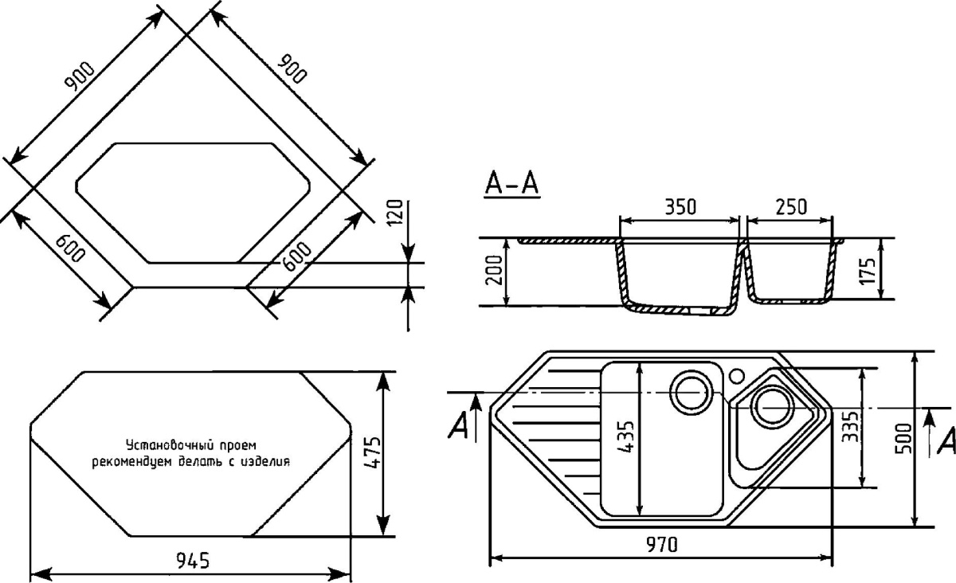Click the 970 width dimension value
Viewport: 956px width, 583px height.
661,545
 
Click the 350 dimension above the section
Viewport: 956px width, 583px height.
680,206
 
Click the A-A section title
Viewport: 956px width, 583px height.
511,184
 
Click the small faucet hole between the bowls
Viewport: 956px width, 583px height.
737,373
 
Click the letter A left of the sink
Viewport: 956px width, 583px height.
458,427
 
